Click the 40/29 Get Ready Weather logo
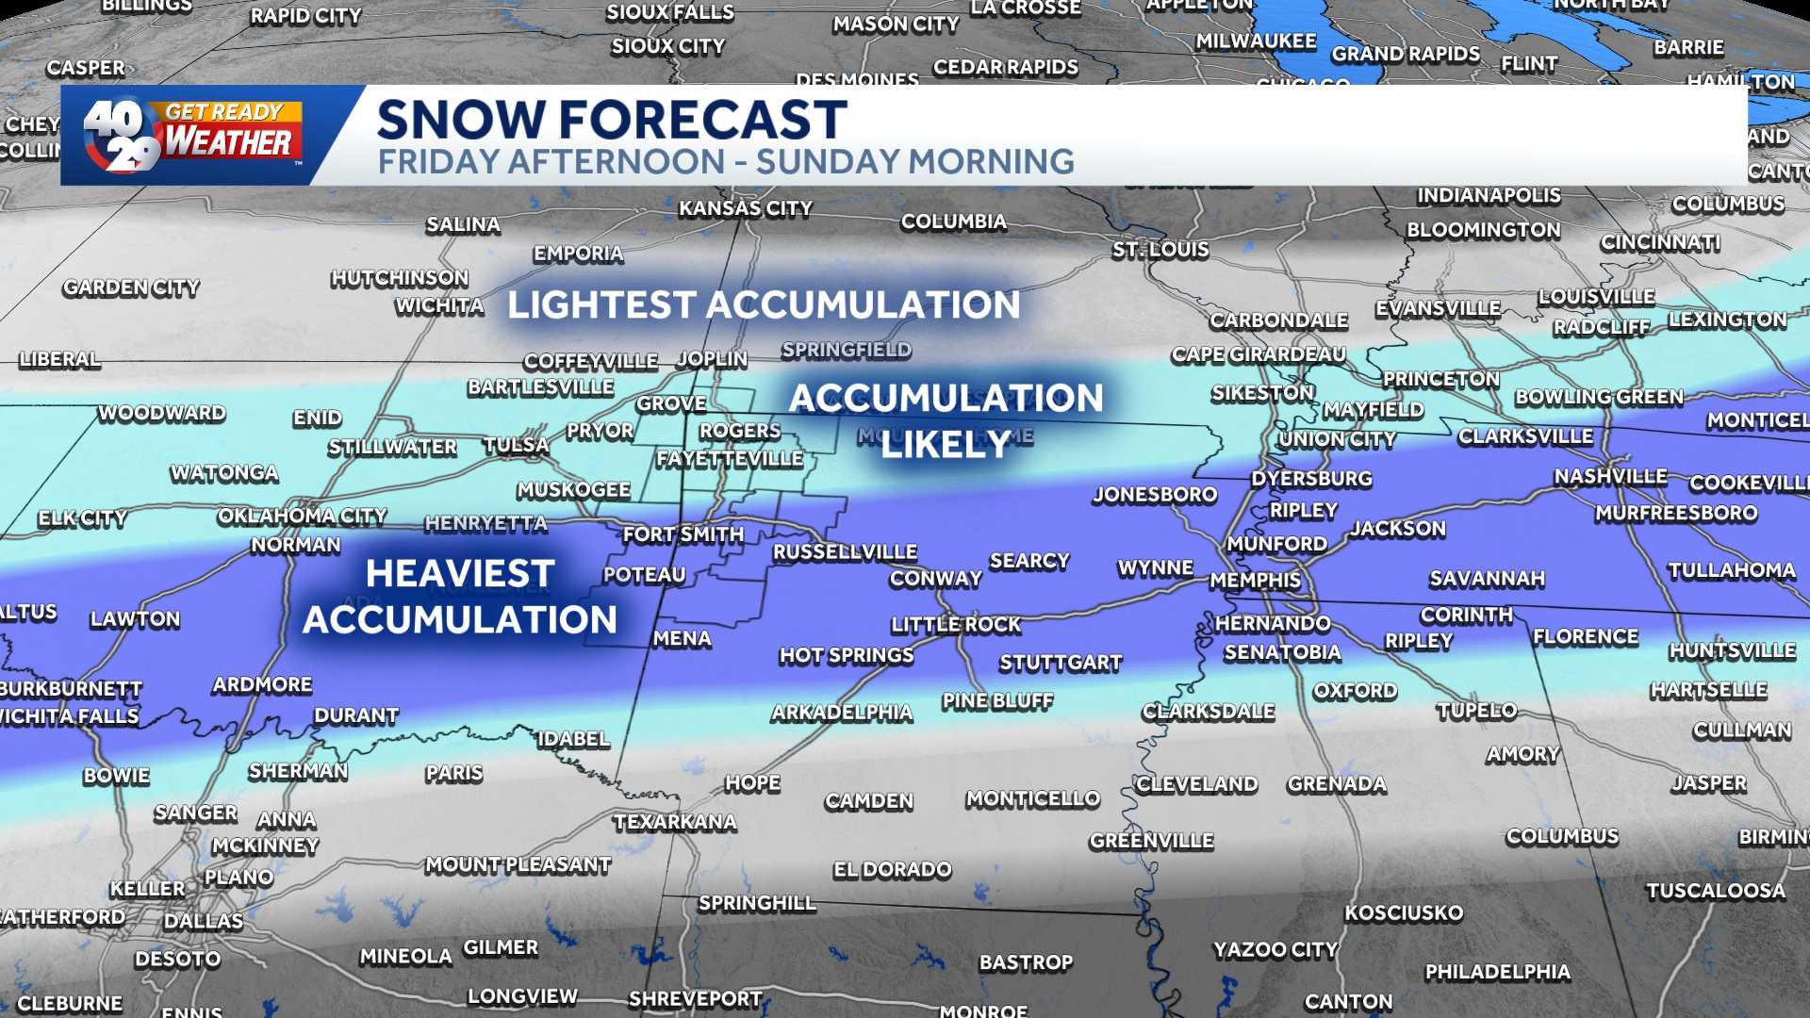pyautogui.click(x=193, y=135)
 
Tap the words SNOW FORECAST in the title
pyautogui.click(x=611, y=120)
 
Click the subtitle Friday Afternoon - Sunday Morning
pyautogui.click(x=726, y=162)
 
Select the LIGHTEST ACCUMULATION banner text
pyautogui.click(x=764, y=304)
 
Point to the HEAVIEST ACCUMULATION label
pyautogui.click(x=460, y=596)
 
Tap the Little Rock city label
pyautogui.click(x=956, y=624)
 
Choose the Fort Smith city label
pyautogui.click(x=683, y=534)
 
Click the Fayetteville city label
pyautogui.click(x=730, y=459)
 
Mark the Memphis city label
pyautogui.click(x=1255, y=580)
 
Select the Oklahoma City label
pyautogui.click(x=302, y=516)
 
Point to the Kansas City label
pyautogui.click(x=746, y=208)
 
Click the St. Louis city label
pyautogui.click(x=1160, y=250)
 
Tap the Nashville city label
pyautogui.click(x=1610, y=477)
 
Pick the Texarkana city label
pyautogui.click(x=675, y=822)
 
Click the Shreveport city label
pyautogui.click(x=695, y=998)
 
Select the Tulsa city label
pyautogui.click(x=516, y=445)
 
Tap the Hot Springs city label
pyautogui.click(x=846, y=655)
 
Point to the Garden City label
pyautogui.click(x=131, y=287)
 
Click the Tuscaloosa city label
pyautogui.click(x=1716, y=891)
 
